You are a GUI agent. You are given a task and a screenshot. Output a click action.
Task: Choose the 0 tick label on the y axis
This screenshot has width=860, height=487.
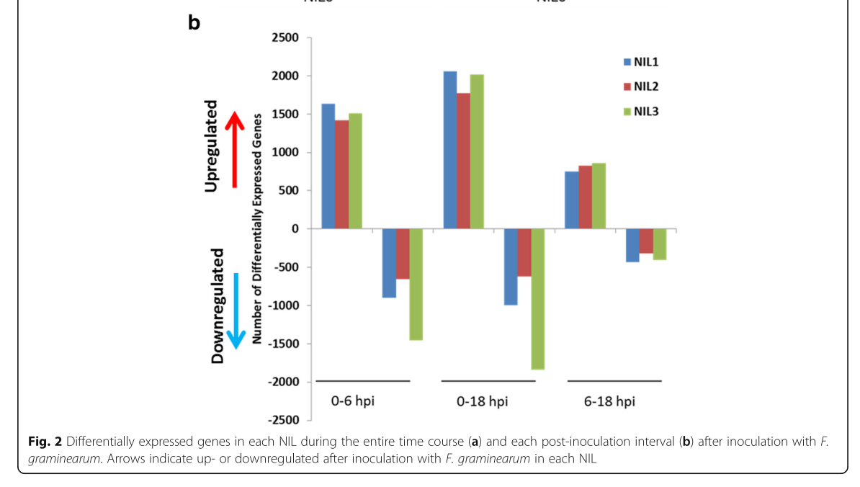pos(297,229)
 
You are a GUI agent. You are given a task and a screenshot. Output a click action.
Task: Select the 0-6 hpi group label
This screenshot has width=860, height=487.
pos(352,401)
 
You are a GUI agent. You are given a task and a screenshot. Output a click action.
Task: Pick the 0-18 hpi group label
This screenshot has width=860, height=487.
pos(482,401)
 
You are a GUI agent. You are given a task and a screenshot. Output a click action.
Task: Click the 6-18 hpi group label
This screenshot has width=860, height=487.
pos(609,401)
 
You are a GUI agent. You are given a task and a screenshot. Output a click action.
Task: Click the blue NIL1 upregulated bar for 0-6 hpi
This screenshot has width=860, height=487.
pos(328,166)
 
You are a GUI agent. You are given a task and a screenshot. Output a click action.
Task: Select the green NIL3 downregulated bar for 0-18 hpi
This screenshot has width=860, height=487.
pos(537,299)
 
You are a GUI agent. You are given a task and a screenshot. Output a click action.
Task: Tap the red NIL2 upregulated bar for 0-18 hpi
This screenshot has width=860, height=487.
pos(463,161)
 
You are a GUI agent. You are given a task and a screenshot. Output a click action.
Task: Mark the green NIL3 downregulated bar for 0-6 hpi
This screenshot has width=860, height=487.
pos(415,284)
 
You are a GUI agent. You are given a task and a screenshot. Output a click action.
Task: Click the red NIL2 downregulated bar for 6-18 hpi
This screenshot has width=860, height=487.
pos(646,241)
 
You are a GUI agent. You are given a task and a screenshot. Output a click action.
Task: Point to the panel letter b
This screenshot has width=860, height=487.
pos(194,22)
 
